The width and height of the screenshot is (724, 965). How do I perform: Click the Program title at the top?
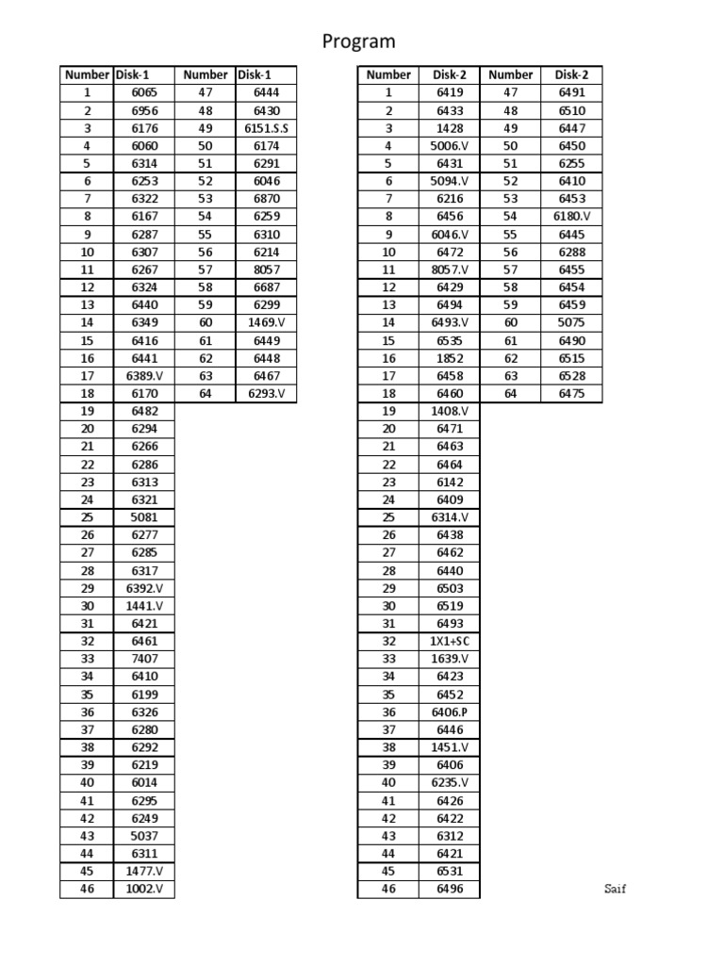click(x=359, y=41)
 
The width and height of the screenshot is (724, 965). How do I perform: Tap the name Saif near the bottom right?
click(x=615, y=890)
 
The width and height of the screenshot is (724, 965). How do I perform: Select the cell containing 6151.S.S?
click(x=267, y=128)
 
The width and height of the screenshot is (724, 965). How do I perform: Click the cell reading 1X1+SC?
click(x=449, y=642)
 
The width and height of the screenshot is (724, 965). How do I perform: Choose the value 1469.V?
click(x=267, y=322)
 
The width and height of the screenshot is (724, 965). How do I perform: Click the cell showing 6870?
click(x=267, y=199)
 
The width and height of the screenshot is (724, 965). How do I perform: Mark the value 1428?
click(x=450, y=128)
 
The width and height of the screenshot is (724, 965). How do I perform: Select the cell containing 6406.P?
click(x=450, y=712)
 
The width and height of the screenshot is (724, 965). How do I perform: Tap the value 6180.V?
click(x=572, y=217)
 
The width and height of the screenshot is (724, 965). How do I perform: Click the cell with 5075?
click(x=572, y=322)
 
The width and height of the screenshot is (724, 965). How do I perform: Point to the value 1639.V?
click(x=450, y=659)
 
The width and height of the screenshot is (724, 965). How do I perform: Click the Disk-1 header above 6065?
click(x=131, y=74)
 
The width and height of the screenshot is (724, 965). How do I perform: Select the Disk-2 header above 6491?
click(x=571, y=74)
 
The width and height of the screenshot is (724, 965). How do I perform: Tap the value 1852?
click(x=450, y=358)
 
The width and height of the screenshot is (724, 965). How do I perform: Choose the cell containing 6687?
click(x=267, y=287)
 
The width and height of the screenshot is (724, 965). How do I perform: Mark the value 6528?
click(x=572, y=376)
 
